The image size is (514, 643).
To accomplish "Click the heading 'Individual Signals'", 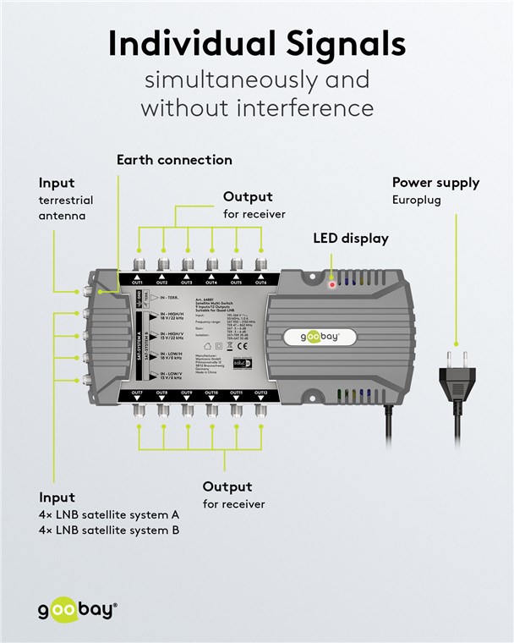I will (256, 44).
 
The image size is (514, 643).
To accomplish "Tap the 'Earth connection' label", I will (174, 160).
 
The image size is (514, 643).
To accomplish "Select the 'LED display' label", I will (351, 239).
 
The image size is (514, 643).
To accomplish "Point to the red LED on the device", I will (332, 285).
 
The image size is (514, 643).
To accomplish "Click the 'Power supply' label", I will (435, 183).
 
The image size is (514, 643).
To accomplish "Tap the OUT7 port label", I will (138, 393).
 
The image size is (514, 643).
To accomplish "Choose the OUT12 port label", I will (260, 393).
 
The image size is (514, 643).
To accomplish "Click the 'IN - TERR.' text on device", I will (166, 299).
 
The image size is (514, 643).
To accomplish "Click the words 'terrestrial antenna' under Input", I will (65, 208).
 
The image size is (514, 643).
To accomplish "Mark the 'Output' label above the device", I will (248, 197).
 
